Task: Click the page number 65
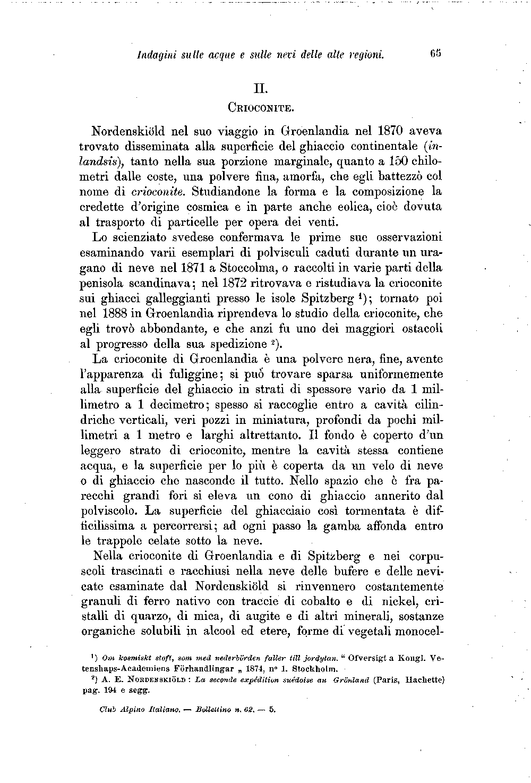point(436,54)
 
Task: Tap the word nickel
point(393,602)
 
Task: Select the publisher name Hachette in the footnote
point(423,679)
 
